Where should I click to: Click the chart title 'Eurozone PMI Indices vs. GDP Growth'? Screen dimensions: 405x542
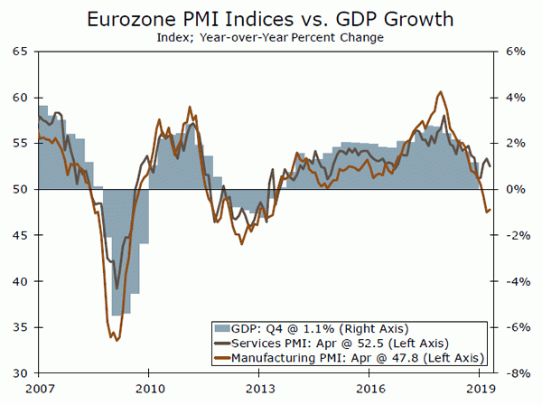click(270, 19)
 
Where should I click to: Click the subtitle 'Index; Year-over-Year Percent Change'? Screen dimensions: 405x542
click(270, 38)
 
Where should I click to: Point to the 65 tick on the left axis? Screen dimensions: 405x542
click(19, 52)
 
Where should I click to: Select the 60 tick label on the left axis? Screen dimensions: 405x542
click(19, 98)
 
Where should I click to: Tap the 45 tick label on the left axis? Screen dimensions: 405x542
click(19, 235)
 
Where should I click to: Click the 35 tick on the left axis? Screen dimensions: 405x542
click(19, 327)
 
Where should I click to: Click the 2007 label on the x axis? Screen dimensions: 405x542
click(38, 388)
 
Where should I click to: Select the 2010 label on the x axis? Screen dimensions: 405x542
click(150, 388)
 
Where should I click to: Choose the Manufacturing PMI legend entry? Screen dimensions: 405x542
click(353, 358)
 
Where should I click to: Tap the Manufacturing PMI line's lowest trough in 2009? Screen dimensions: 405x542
click(116, 341)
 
